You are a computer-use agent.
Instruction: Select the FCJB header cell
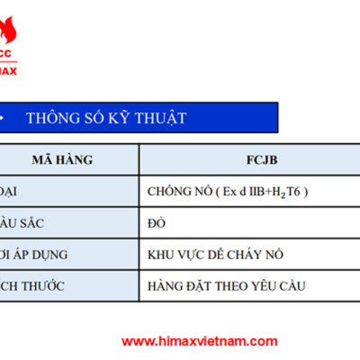tap(248, 159)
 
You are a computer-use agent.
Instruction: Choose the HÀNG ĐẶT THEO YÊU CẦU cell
tap(225, 286)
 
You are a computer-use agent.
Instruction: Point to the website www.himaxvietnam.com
tap(199, 341)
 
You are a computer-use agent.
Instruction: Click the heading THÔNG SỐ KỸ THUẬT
tap(106, 118)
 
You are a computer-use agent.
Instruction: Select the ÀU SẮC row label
tap(23, 222)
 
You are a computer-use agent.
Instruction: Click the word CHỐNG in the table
tap(168, 191)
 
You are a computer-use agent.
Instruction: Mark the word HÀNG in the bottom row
tap(166, 286)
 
